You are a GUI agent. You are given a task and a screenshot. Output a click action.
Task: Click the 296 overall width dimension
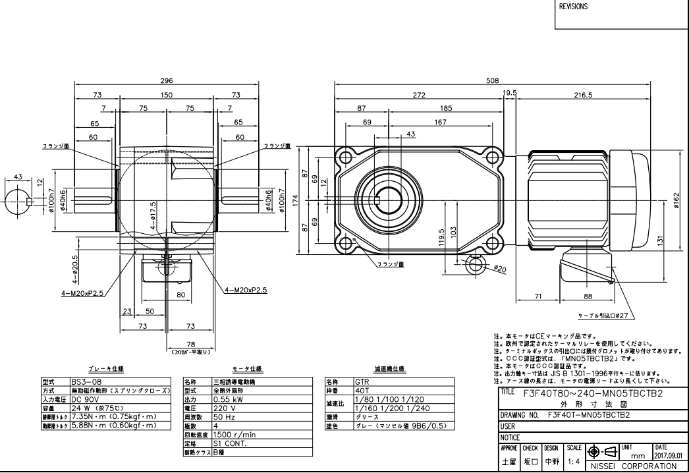[167, 80]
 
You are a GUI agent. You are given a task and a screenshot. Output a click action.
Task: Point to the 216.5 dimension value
[582, 95]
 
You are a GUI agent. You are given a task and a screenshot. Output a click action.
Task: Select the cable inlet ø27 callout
[606, 315]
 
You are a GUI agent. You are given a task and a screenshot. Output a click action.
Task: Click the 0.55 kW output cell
[227, 399]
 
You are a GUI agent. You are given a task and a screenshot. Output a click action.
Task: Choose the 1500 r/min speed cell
[235, 434]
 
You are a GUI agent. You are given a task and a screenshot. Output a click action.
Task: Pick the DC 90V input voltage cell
[84, 398]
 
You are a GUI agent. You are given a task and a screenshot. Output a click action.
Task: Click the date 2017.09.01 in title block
[670, 455]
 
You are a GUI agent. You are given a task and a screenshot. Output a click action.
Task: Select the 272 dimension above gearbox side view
[419, 95]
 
